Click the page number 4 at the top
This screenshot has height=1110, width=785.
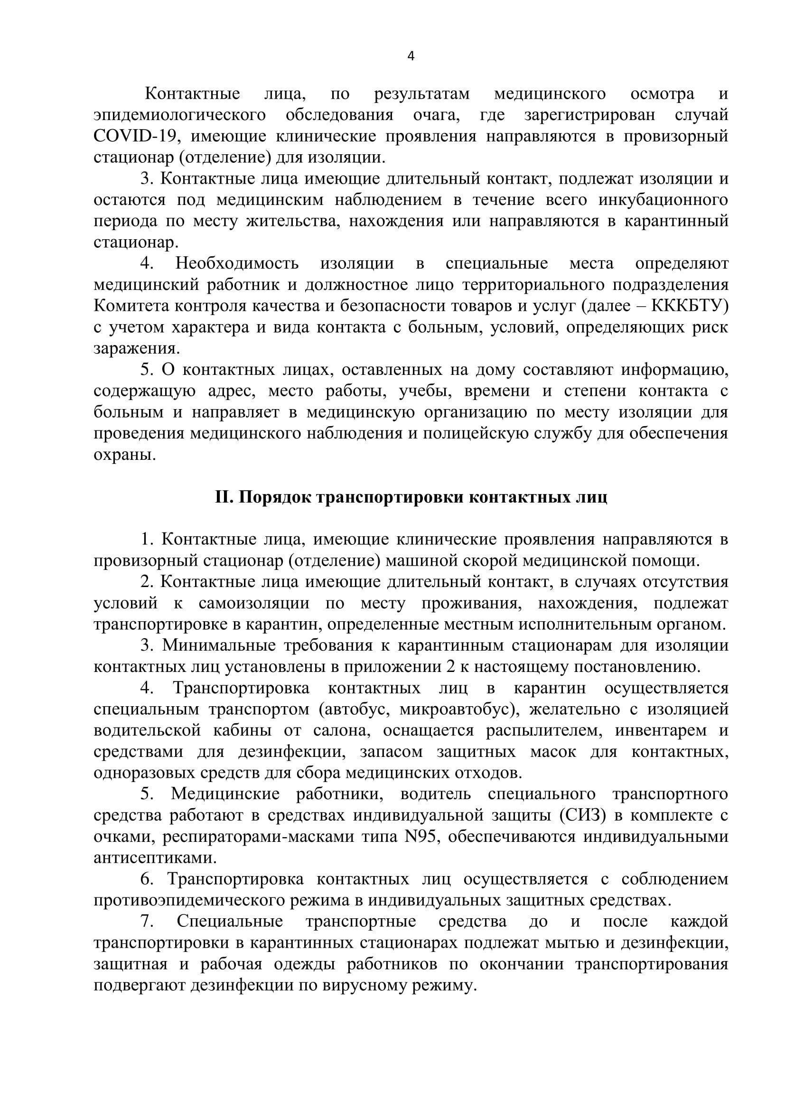pyautogui.click(x=411, y=56)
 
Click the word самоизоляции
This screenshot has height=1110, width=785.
pyautogui.click(x=254, y=603)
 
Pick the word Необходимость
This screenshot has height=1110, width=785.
pyautogui.click(x=237, y=264)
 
